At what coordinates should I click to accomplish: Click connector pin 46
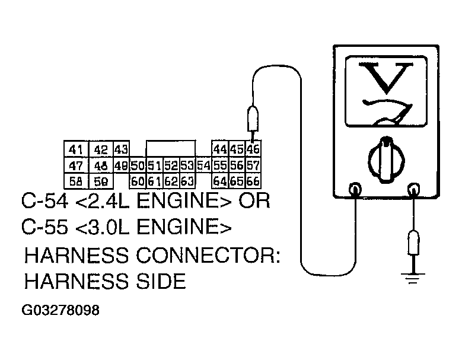253,148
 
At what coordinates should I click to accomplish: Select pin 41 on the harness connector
75,149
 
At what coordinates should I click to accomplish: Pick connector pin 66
253,180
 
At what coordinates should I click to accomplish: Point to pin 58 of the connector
75,180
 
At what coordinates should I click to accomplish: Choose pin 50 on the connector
138,165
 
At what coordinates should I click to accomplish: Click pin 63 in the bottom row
187,180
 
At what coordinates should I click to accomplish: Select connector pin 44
220,148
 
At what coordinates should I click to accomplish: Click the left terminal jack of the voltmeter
356,190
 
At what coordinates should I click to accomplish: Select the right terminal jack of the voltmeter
413,190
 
